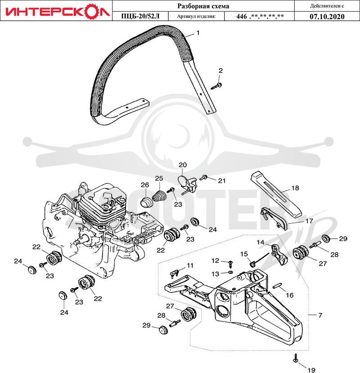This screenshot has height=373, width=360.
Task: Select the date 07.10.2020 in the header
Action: pos(327,16)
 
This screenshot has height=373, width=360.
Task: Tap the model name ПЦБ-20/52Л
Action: pos(140,16)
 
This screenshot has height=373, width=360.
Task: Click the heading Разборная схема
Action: pos(203,6)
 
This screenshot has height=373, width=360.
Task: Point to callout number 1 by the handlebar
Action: pos(198,33)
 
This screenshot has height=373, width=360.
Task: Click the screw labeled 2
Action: pos(216,86)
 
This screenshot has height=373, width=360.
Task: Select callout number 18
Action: pos(295,188)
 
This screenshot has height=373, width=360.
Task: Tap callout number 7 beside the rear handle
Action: pos(320,315)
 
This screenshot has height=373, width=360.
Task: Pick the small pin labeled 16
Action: pos(277,286)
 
